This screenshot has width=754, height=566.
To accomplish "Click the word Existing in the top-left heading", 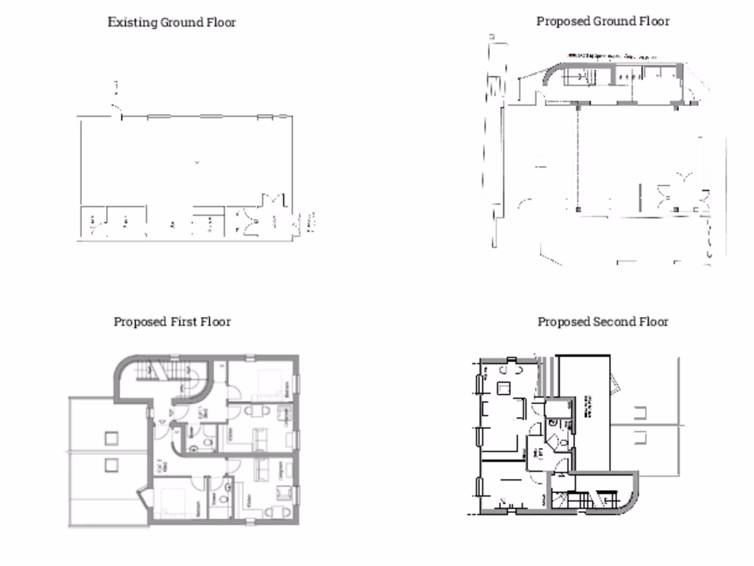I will click(x=133, y=22).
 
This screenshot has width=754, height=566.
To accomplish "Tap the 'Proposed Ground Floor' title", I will click(x=602, y=21).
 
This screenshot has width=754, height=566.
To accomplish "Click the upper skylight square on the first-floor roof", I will click(x=111, y=438).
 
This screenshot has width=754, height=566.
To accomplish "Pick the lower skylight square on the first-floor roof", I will click(x=111, y=465).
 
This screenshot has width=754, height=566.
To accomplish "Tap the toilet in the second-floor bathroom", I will click(x=562, y=441).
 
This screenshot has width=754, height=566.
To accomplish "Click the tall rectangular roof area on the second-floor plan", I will click(x=583, y=413).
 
